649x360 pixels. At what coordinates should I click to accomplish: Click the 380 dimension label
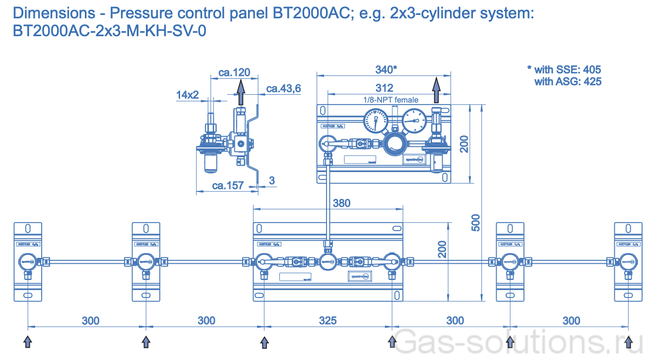(x=341, y=203)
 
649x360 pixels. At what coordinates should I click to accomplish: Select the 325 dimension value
(x=327, y=320)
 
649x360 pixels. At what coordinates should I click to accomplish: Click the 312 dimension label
(x=385, y=88)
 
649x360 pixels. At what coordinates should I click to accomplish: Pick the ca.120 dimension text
(x=234, y=72)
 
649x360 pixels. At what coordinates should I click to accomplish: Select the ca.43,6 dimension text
(x=284, y=88)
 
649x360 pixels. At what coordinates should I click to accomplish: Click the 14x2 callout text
(x=187, y=95)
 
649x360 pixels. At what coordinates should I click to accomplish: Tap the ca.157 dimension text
(x=228, y=185)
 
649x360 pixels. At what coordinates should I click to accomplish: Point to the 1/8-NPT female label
(x=390, y=100)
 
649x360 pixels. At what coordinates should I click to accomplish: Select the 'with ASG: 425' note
(x=568, y=81)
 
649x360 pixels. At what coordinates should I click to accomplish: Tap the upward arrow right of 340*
(x=436, y=90)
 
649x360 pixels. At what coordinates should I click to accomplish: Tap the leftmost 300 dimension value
(x=90, y=320)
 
